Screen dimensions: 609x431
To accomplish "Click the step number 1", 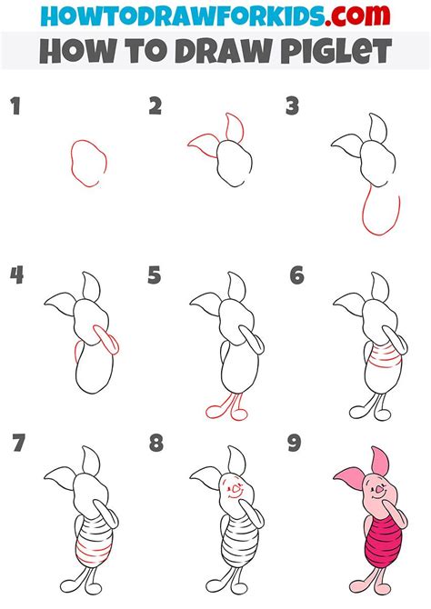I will coord(14,107).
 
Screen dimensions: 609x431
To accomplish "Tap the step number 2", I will coord(155,107).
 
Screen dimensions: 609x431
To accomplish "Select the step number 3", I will coord(293,107).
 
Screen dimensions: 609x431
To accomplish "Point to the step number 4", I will coord(15,275).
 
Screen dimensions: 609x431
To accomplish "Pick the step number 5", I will coord(155,275).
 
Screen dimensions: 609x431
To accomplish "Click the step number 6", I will coord(295,275).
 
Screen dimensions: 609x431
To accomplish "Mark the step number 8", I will coord(155,444).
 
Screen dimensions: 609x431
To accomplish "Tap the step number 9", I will coord(295,444).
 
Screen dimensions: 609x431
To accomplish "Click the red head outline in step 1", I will coord(86,163).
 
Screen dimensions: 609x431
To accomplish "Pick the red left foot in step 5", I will coord(214,412).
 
